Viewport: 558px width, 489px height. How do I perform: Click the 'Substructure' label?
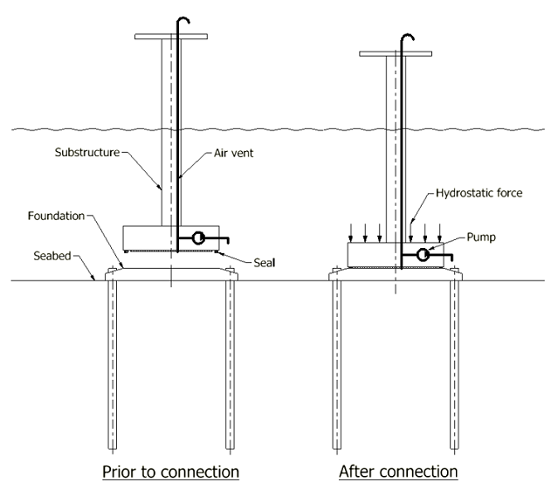point(87,152)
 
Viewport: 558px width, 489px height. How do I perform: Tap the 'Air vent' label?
point(233,153)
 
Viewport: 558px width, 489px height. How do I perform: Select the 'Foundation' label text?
point(56,216)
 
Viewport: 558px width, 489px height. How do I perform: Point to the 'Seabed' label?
point(52,256)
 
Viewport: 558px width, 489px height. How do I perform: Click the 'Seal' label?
point(265,263)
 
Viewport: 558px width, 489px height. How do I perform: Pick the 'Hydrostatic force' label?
point(479,193)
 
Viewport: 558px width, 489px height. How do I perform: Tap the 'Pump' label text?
point(481,237)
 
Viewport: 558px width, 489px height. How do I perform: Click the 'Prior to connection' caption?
point(170,472)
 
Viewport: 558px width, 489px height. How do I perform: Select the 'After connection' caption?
point(398,472)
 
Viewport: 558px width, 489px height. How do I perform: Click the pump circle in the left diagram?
point(198,238)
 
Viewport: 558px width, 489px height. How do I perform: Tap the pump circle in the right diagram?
point(423,255)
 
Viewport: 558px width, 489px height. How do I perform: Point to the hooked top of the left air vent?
point(183,19)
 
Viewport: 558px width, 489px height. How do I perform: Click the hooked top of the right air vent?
point(408,37)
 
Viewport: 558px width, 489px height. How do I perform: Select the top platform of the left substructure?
point(171,37)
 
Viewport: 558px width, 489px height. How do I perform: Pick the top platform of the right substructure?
point(396,54)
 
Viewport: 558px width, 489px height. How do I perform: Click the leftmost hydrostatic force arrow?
point(351,233)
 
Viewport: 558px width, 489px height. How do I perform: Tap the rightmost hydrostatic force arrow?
point(439,233)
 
